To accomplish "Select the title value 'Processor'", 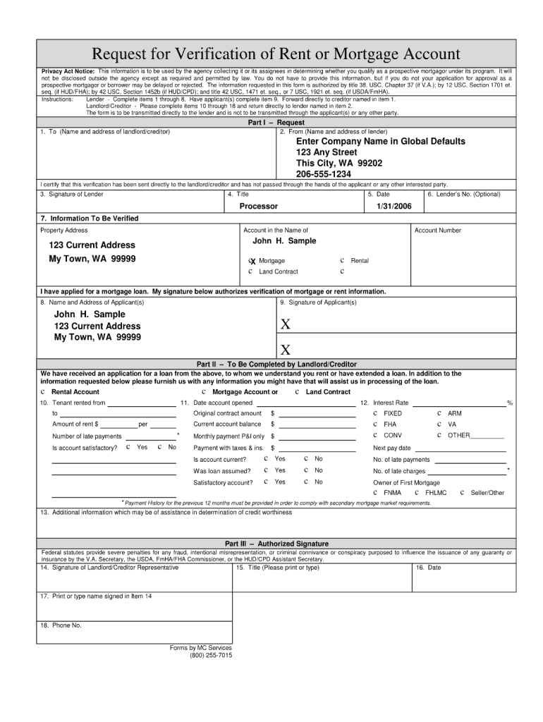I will [x=258, y=207].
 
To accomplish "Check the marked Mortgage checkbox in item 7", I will [x=252, y=261].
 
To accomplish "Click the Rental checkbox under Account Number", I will [x=342, y=260].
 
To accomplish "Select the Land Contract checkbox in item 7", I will [x=250, y=271].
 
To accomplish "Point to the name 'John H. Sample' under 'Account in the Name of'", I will [x=284, y=241].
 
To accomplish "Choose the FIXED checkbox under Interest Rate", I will [x=375, y=413].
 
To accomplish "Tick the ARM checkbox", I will [x=439, y=413].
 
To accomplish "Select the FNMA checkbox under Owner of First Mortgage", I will [x=375, y=493].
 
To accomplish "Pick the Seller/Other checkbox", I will [x=463, y=493].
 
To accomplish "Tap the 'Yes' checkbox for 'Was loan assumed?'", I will [x=266, y=470].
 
